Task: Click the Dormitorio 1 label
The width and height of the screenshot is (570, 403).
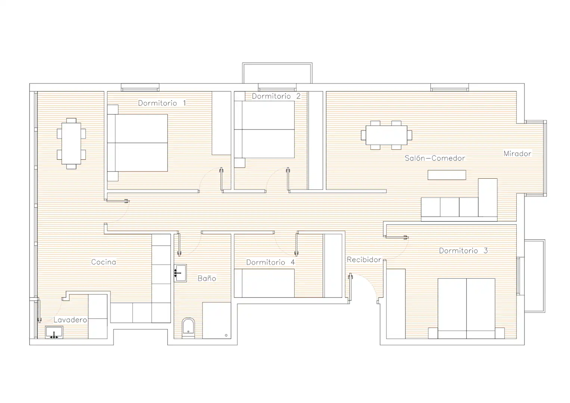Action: [162, 103]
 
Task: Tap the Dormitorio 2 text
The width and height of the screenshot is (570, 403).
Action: [276, 96]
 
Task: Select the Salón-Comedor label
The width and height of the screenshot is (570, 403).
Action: [434, 158]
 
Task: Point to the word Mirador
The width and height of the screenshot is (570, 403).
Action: [517, 154]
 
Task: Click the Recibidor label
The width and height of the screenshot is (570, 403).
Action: [364, 259]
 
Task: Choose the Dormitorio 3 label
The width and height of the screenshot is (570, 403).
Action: [463, 251]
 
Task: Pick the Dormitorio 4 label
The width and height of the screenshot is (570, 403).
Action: [271, 262]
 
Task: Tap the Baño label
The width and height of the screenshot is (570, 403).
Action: [207, 278]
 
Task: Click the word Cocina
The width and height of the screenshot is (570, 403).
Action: [103, 262]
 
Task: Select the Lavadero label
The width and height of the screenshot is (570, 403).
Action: [70, 320]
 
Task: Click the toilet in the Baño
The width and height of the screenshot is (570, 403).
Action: [188, 328]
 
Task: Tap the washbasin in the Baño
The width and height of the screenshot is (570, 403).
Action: [180, 273]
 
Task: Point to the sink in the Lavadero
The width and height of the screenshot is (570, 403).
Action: [54, 332]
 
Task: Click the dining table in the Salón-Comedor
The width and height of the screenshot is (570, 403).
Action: [386, 135]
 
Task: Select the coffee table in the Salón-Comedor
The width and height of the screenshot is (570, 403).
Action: [447, 175]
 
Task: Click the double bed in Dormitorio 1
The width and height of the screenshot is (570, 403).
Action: [137, 143]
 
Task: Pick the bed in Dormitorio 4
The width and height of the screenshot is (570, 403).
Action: [264, 283]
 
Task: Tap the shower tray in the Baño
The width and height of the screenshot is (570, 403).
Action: [217, 321]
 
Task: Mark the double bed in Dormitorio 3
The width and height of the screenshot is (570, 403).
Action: [467, 308]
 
